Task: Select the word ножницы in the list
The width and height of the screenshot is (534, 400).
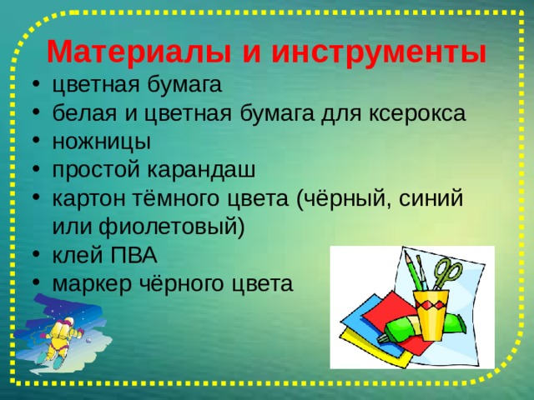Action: click(x=101, y=141)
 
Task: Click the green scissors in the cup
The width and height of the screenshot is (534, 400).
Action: click(x=447, y=275)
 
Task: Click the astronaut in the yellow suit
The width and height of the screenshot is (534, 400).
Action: click(x=59, y=337)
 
